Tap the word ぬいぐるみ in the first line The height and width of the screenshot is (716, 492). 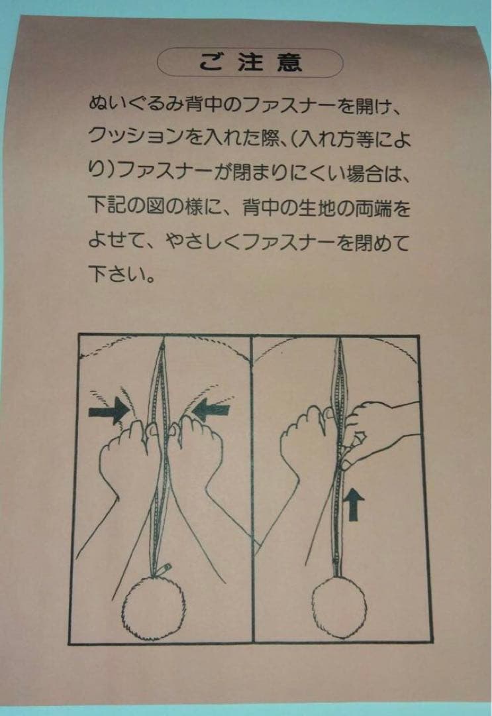(x=128, y=104)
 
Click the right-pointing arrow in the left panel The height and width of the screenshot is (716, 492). (x=109, y=412)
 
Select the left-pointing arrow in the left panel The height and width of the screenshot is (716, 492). (x=211, y=410)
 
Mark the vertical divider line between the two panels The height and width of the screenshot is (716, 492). (x=251, y=491)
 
